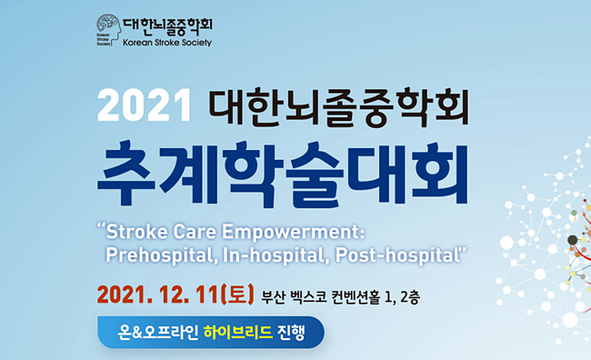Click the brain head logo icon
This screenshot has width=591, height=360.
click(109, 30)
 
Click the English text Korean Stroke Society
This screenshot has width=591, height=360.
click(167, 43)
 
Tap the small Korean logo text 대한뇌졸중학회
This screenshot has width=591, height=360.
click(167, 25)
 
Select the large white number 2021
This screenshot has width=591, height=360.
click(145, 105)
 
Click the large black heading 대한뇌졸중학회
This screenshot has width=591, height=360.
click(339, 106)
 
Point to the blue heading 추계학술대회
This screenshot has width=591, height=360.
click(283, 175)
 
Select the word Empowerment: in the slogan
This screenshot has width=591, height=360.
click(294, 232)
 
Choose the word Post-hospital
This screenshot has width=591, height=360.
click(397, 255)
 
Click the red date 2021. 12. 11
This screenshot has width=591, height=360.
click(158, 295)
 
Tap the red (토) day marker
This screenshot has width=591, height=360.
click(237, 295)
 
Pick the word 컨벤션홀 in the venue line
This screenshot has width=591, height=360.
click(355, 297)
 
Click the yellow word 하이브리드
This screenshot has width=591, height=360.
click(238, 332)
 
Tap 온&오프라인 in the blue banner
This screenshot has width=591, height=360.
click(158, 333)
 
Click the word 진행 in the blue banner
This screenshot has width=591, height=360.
click(291, 333)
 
